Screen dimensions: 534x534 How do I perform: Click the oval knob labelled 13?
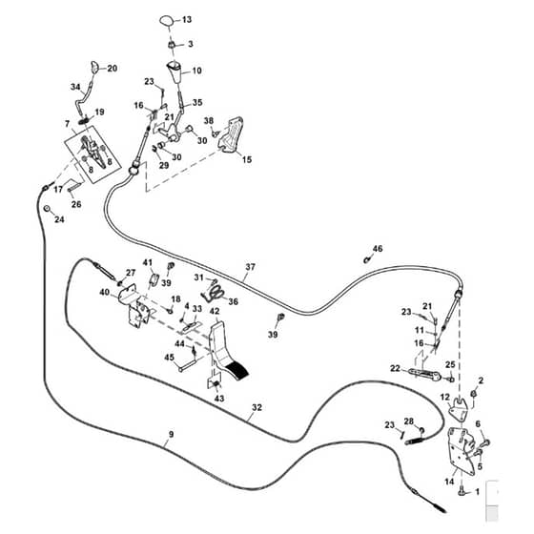point(167,20)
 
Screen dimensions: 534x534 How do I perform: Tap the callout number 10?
point(196,71)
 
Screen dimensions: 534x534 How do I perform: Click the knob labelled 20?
point(94,67)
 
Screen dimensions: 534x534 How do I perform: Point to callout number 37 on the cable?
point(250,267)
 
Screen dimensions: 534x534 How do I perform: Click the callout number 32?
point(257,407)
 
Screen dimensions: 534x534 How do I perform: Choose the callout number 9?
point(171,434)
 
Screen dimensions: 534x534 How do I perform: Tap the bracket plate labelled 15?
point(231,134)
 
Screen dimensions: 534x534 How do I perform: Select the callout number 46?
point(378,249)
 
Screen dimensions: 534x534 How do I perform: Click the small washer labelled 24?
point(48,208)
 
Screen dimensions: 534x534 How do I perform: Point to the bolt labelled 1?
point(462,491)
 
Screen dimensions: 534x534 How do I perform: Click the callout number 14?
point(449,482)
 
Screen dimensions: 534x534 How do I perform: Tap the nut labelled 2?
point(473,393)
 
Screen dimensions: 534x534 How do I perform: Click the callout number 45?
point(170,358)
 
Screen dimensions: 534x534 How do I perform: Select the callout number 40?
point(105,292)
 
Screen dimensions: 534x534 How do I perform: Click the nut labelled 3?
point(172,44)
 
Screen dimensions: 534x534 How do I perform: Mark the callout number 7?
point(67,124)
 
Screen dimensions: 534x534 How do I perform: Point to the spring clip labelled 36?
point(214,293)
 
